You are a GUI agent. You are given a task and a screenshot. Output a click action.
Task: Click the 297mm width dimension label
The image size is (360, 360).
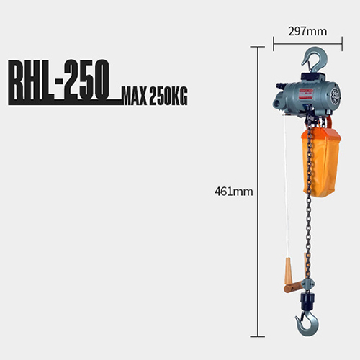coord(307,32)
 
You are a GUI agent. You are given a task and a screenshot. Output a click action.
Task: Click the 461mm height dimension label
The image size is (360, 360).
coord(234,192)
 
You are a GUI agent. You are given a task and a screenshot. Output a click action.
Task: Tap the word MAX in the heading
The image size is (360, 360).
coord(135,96)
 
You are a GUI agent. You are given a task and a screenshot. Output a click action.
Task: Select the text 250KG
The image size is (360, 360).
coord(168,96)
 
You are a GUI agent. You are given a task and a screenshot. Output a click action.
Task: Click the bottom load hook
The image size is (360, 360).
coord(308,322)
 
